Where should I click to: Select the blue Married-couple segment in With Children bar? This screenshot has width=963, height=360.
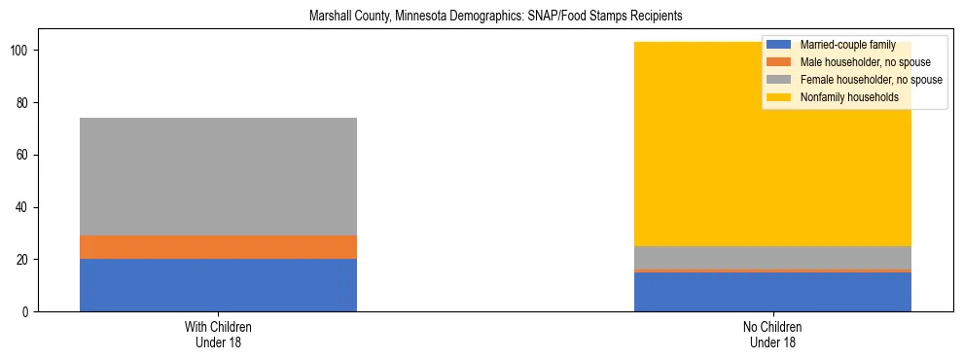pyautogui.click(x=218, y=285)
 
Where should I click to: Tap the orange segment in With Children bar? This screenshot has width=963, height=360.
pyautogui.click(x=218, y=247)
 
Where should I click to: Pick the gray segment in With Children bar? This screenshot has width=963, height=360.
pyautogui.click(x=218, y=176)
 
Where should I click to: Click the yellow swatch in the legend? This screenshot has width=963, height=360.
pyautogui.click(x=779, y=97)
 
